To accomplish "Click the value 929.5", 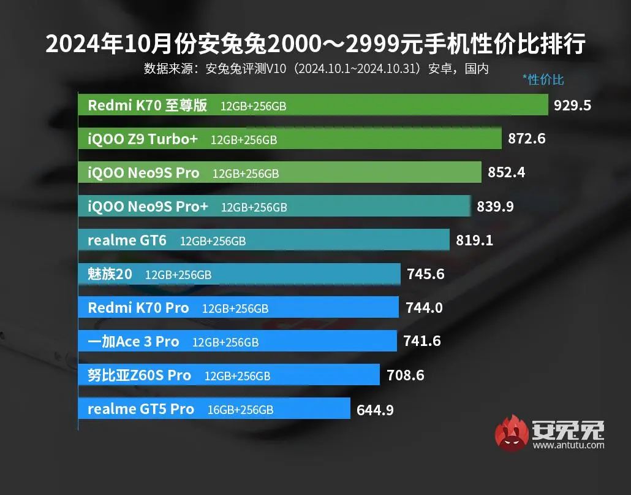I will (x=572, y=105).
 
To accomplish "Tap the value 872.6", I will (x=526, y=139).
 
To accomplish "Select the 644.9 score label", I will (x=375, y=409).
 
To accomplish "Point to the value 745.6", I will (x=425, y=274).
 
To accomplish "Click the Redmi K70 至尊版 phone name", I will (x=147, y=106).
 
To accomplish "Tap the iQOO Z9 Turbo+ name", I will (x=143, y=139).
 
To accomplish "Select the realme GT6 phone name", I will (x=127, y=240).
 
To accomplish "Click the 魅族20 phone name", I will (x=110, y=274).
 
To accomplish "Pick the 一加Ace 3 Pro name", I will (x=133, y=342).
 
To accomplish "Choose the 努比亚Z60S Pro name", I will (x=139, y=375).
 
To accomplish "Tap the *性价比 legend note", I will (x=543, y=80).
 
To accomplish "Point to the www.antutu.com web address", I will (x=568, y=445).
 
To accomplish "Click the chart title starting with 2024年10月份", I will (x=315, y=44).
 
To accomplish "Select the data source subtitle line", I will (x=315, y=68).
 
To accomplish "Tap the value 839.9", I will (x=495, y=207).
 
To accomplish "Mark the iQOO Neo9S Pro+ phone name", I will (x=148, y=207).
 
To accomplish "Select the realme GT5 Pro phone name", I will (x=140, y=409).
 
